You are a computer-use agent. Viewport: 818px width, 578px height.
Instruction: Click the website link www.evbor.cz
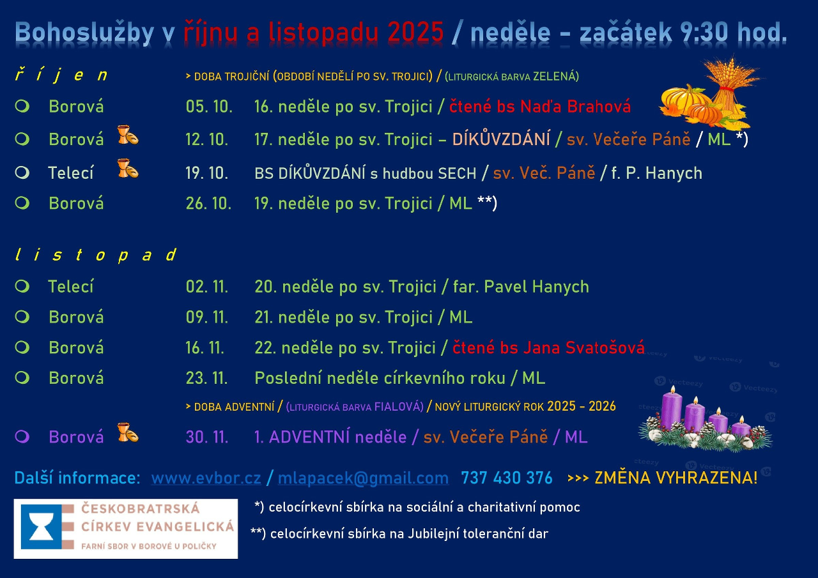(x=206, y=478)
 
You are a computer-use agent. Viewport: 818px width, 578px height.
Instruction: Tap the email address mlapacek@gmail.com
(x=363, y=478)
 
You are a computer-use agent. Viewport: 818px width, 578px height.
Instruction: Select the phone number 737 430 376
(x=507, y=478)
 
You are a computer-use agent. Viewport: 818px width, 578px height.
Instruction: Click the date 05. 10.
(x=209, y=107)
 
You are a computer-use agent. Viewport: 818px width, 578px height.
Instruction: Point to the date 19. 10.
(x=207, y=173)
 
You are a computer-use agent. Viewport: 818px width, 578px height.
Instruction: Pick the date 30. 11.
(x=207, y=437)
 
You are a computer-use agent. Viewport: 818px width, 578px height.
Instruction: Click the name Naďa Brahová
(x=575, y=106)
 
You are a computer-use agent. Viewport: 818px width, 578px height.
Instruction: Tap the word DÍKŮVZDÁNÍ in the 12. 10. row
(x=501, y=139)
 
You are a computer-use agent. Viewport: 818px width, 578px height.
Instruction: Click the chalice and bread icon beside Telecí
(x=128, y=168)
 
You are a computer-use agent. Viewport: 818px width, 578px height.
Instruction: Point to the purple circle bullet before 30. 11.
(x=22, y=436)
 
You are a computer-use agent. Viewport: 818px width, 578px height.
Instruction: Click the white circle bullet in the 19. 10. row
(x=22, y=172)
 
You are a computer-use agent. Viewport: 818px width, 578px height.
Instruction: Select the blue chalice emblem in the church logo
(x=42, y=526)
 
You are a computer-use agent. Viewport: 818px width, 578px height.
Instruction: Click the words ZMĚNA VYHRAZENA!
(x=676, y=478)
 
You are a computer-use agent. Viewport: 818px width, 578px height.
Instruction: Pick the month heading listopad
(x=96, y=255)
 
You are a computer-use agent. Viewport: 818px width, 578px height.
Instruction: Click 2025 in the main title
(x=415, y=32)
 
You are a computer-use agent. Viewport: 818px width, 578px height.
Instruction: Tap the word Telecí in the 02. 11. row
(x=71, y=287)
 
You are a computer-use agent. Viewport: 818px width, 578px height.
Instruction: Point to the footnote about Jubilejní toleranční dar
(x=399, y=534)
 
